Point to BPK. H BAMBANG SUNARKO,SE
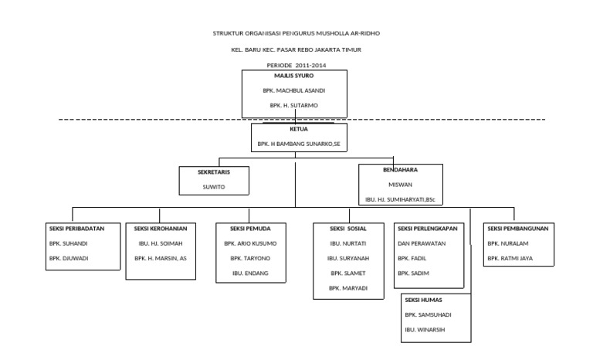tap(298, 144)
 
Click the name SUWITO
tap(214, 186)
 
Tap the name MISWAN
tap(401, 185)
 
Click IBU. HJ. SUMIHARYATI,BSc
tap(401, 199)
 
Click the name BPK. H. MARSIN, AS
tap(160, 258)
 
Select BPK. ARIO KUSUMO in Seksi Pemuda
tap(249, 244)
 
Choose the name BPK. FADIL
tap(412, 258)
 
